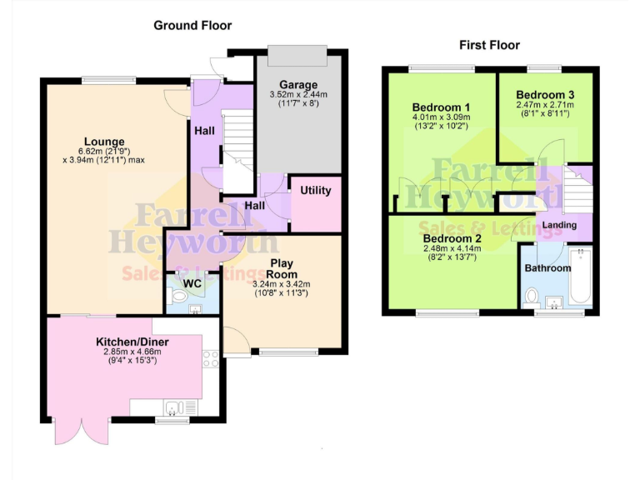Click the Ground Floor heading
192,26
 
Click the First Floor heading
489,45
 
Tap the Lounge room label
104,141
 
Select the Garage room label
298,85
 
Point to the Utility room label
316,191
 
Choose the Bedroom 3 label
545,94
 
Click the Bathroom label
547,268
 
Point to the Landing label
559,226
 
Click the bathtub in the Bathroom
582,276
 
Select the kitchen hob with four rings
211,360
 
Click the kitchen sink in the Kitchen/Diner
174,407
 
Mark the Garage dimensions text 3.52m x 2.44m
298,96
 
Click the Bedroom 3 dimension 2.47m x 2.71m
545,106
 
